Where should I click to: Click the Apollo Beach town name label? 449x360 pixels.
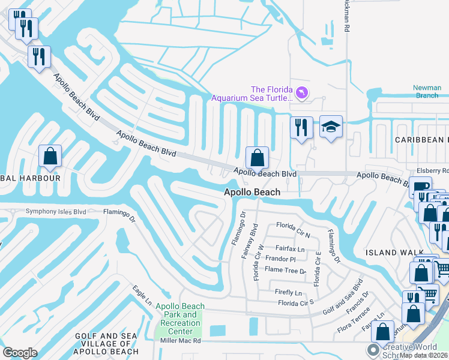[252, 192]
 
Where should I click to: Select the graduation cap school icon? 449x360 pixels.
[331, 127]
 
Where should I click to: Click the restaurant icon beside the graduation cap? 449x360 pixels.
[301, 128]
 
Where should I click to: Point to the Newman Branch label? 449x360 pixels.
[427, 92]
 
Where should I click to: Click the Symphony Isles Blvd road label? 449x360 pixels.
[56, 212]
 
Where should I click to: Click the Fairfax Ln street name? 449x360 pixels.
[290, 248]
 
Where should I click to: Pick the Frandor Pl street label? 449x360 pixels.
[281, 259]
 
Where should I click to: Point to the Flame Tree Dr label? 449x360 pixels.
[286, 271]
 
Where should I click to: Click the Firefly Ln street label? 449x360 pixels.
[288, 293]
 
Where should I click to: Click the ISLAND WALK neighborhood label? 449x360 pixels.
[390, 253]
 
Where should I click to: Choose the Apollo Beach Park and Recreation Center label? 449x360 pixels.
[180, 319]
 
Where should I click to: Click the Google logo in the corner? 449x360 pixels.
[20, 353]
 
